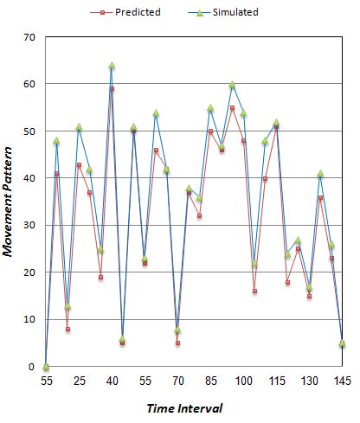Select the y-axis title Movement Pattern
point(12,202)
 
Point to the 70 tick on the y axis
point(28,37)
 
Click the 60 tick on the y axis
point(28,84)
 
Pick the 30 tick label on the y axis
point(28,225)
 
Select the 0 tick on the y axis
point(30,367)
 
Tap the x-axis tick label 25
point(79,381)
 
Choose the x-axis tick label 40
point(112,381)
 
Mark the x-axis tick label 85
point(210,381)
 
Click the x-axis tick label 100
point(243,381)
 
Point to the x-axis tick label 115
point(276,381)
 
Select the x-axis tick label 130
point(309,381)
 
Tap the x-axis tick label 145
point(342,381)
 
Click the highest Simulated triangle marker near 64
point(112,66)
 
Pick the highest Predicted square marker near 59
point(112,89)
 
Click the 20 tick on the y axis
point(28,272)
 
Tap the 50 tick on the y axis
point(28,131)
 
